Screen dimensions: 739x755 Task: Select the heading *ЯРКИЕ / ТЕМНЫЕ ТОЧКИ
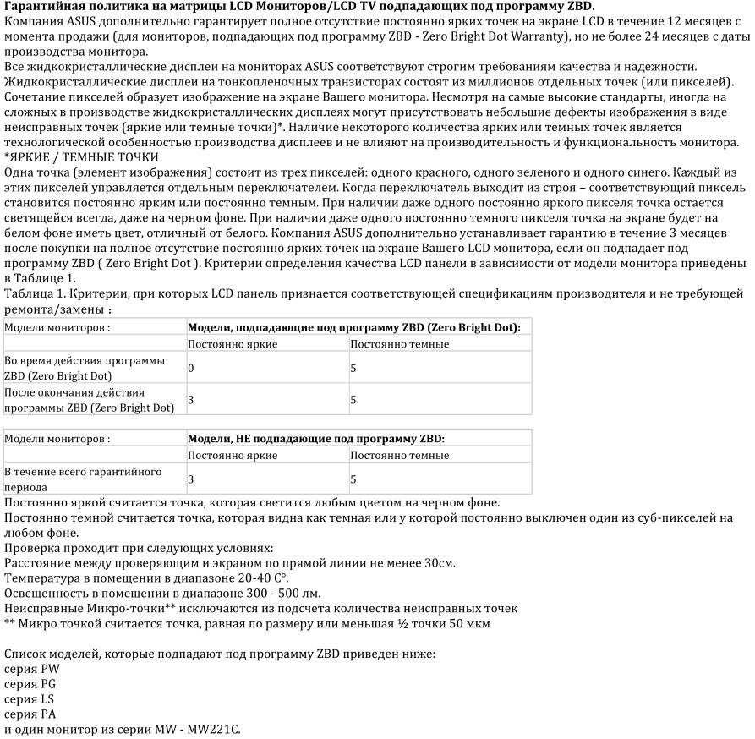point(80,157)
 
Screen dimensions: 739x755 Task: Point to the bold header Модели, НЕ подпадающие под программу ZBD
point(315,439)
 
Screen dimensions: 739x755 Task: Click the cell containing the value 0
point(191,368)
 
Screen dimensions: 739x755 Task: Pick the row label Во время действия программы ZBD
point(85,368)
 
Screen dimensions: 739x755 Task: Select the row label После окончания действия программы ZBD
point(89,400)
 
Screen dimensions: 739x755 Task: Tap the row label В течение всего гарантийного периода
point(83,479)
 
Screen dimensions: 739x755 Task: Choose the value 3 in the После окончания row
point(191,400)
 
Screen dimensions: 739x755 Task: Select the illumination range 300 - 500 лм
point(275,593)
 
